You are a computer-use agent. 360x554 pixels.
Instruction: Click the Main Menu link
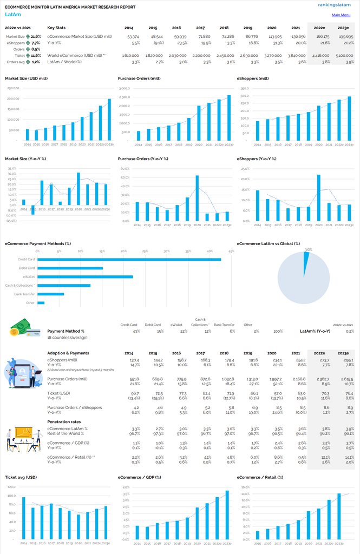coord(341,15)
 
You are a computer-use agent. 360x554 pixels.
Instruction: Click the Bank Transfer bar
coord(51,294)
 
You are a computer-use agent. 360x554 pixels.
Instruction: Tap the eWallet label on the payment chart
coord(29,277)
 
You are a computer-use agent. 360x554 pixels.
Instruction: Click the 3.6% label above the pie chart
coord(309,249)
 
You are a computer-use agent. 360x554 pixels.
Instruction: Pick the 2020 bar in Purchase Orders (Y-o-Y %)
coord(197,198)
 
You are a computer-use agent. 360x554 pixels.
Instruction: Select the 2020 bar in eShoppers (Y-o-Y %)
coord(319,197)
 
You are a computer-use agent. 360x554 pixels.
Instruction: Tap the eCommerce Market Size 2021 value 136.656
coord(292,36)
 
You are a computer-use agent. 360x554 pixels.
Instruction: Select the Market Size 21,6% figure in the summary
coord(35,36)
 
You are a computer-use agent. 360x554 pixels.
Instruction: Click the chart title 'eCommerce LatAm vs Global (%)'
coord(269,244)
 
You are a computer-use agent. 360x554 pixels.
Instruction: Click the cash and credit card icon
coord(25,328)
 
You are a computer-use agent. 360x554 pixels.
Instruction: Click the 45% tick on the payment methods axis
coord(231,251)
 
